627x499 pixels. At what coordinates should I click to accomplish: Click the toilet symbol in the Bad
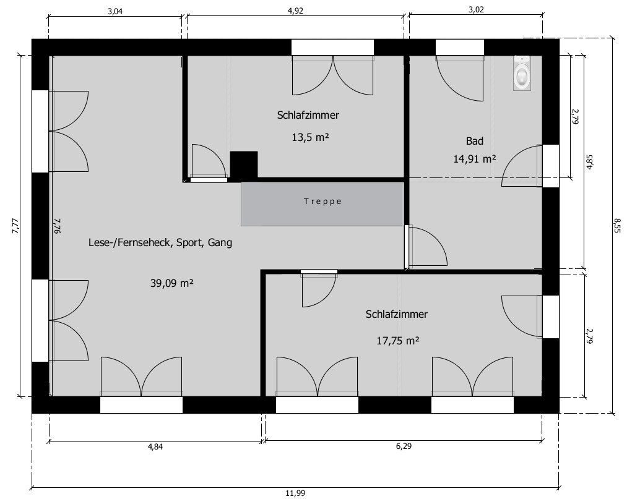click(522, 73)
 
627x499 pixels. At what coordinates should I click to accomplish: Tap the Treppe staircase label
click(322, 202)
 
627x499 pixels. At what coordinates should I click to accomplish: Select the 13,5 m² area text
click(310, 137)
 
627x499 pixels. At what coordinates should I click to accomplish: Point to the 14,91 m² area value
click(475, 159)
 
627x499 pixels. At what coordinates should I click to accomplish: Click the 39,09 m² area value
click(172, 284)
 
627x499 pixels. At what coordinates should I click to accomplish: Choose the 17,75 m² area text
click(398, 341)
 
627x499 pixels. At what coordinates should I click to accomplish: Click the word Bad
click(475, 141)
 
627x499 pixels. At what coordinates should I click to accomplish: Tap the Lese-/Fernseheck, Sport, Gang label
click(160, 242)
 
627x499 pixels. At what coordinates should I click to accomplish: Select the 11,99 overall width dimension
click(295, 493)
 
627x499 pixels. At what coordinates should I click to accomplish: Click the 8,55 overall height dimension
click(618, 225)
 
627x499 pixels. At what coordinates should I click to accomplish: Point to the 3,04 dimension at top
click(115, 11)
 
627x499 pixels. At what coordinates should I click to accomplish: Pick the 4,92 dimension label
click(295, 11)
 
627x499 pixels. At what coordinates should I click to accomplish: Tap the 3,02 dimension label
click(476, 10)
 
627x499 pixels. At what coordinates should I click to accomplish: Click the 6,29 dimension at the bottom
click(404, 446)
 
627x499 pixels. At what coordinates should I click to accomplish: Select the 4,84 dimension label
click(155, 446)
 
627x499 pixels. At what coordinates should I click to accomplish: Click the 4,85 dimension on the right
click(590, 162)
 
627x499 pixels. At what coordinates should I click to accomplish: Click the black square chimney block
click(243, 164)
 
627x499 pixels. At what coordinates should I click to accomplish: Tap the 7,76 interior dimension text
click(57, 226)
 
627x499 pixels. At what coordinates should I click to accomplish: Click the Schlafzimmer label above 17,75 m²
click(397, 314)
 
